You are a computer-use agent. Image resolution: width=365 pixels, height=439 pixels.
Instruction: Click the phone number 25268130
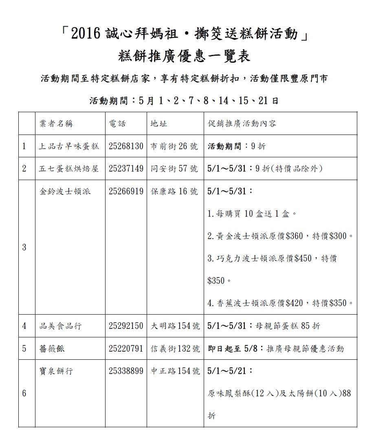coord(126,146)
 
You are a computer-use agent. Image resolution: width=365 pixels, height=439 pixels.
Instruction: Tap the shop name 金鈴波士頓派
coord(65,191)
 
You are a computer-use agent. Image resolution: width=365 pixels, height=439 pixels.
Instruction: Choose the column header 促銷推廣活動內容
coord(242,124)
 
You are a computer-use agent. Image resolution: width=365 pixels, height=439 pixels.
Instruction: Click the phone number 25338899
coord(126,371)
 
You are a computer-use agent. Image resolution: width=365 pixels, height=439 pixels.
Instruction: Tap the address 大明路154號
coord(175,326)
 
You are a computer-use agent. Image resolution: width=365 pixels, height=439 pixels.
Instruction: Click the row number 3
coord(24,247)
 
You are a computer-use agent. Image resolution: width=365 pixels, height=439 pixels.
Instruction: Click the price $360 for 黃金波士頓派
coord(295,236)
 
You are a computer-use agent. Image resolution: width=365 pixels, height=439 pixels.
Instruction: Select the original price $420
coord(295,303)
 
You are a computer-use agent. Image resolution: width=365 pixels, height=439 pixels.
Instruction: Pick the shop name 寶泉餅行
coord(56,371)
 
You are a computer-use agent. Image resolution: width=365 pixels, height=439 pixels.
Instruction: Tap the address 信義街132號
coord(175,349)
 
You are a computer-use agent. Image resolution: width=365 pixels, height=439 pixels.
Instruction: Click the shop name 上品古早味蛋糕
coord(69,146)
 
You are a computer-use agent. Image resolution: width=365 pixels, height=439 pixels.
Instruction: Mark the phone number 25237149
coord(126,169)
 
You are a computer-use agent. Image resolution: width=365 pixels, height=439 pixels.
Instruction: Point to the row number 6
coord(24,393)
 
